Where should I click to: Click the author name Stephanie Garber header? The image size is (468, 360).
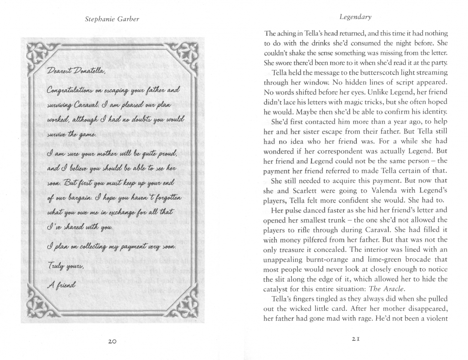112,19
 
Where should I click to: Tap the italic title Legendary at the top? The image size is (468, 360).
355,17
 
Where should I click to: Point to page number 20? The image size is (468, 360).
112,341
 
